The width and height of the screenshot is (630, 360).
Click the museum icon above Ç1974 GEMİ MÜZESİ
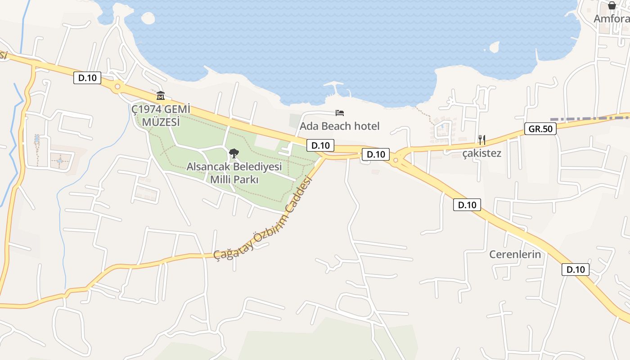click(x=161, y=95)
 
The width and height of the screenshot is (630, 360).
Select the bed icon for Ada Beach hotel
click(x=340, y=112)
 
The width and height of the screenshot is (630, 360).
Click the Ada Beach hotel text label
click(x=340, y=126)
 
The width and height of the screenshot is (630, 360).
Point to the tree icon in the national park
click(x=234, y=153)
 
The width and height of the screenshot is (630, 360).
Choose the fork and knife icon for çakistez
click(x=481, y=139)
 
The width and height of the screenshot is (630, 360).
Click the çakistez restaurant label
click(x=481, y=153)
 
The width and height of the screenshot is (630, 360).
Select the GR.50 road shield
click(x=540, y=129)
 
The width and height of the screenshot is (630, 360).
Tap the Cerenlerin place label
click(x=515, y=254)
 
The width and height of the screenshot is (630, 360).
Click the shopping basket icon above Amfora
click(x=612, y=5)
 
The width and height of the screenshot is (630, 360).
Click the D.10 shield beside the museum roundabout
click(x=87, y=78)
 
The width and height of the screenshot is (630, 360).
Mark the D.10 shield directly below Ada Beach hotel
click(x=320, y=145)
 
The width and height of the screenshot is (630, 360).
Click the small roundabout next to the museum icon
click(x=118, y=86)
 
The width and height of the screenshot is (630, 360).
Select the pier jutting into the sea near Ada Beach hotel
click(x=336, y=88)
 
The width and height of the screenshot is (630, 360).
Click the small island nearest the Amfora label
click(x=494, y=47)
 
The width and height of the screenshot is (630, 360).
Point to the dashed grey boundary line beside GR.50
click(x=589, y=119)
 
